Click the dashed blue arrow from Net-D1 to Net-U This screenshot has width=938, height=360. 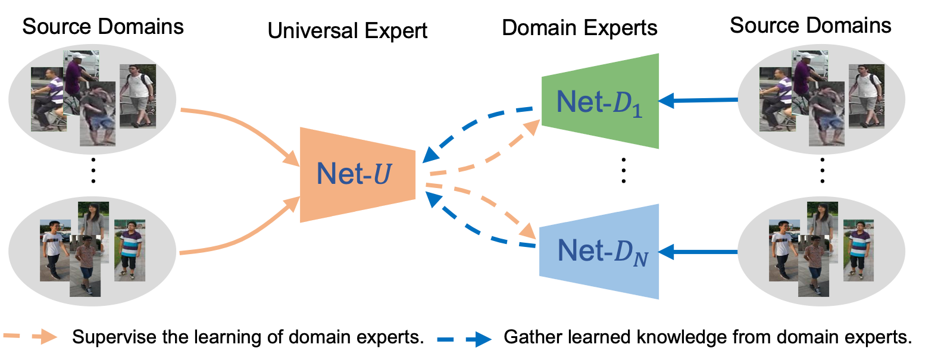pos(476,123)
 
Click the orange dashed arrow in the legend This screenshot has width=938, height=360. pos(30,336)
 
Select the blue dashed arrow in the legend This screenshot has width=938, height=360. pos(464,340)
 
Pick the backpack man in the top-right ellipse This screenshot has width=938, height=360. pos(867,95)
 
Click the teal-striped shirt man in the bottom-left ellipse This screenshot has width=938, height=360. pos(129,250)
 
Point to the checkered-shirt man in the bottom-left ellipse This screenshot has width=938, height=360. pos(85,265)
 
